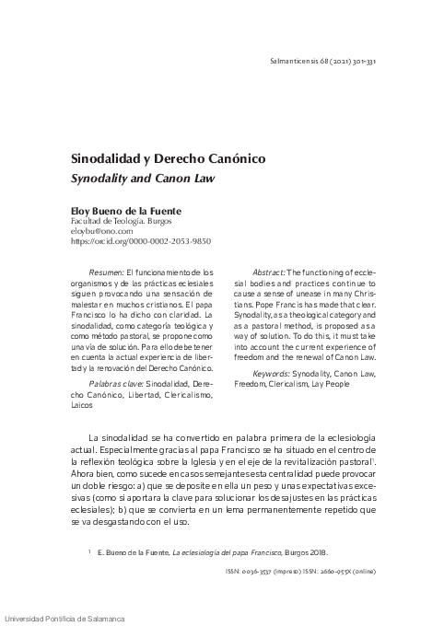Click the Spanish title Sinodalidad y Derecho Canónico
pyautogui.click(x=169, y=158)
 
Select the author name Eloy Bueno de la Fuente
pyautogui.click(x=128, y=210)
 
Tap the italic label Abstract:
pyautogui.click(x=268, y=273)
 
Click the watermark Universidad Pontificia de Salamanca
pyautogui.click(x=66, y=618)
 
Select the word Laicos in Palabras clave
pyautogui.click(x=84, y=405)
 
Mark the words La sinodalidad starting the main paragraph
pyautogui.click(x=123, y=435)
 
